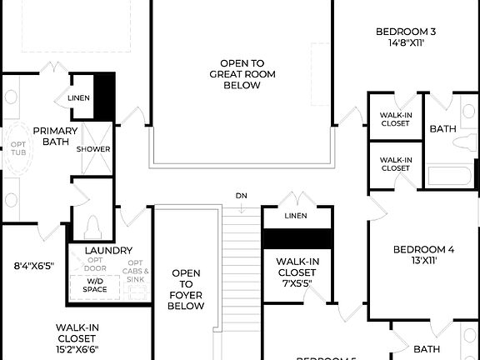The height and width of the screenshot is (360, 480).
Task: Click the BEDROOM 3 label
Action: pyautogui.click(x=407, y=31)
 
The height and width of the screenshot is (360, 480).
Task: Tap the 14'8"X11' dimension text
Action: pyautogui.click(x=407, y=42)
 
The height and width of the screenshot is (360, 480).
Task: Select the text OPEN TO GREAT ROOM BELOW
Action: pyautogui.click(x=242, y=73)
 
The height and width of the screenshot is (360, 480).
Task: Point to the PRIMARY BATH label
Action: pyautogui.click(x=55, y=136)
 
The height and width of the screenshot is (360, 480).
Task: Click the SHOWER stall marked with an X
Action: pyautogui.click(x=93, y=149)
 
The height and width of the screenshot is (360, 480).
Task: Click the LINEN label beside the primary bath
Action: pyautogui.click(x=79, y=97)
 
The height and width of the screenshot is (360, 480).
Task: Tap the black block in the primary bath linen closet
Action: pyautogui.click(x=103, y=97)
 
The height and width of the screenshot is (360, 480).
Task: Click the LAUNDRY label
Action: pyautogui.click(x=108, y=250)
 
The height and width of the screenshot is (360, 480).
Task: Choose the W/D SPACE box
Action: pyautogui.click(x=94, y=285)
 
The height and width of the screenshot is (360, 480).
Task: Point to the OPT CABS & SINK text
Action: pyautogui.click(x=137, y=272)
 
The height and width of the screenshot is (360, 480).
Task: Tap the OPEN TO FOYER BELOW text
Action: pyautogui.click(x=186, y=289)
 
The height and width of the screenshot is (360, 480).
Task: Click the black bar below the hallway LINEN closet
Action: pyautogui.click(x=297, y=237)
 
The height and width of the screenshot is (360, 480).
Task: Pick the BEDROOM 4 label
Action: pyautogui.click(x=423, y=249)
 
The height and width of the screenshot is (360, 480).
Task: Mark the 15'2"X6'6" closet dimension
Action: pyautogui.click(x=78, y=349)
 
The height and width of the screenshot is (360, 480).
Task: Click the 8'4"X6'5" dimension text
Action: pyautogui.click(x=33, y=266)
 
